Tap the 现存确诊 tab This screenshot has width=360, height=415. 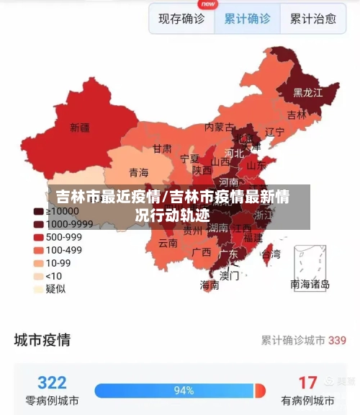[181, 19]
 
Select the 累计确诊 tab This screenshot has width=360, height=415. [247, 19]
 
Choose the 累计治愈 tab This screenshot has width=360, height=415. [313, 19]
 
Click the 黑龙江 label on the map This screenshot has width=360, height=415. [307, 93]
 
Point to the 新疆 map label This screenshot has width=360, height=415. [80, 128]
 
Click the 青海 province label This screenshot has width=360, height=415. [138, 173]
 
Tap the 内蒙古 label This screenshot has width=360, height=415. [219, 127]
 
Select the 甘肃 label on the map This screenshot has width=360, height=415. [162, 148]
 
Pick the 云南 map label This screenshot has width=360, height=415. [168, 244]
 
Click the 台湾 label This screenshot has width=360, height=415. [271, 254]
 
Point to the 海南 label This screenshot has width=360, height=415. [210, 285]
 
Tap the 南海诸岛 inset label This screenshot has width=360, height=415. [310, 285]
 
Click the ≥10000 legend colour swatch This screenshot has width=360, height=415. [38, 211]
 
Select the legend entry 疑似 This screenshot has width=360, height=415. [55, 289]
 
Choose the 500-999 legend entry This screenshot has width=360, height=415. [63, 237]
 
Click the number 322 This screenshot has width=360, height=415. [52, 382]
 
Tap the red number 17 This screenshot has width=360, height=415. [307, 382]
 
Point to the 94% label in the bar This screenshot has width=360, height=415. [184, 391]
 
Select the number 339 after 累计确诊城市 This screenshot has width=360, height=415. [337, 339]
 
